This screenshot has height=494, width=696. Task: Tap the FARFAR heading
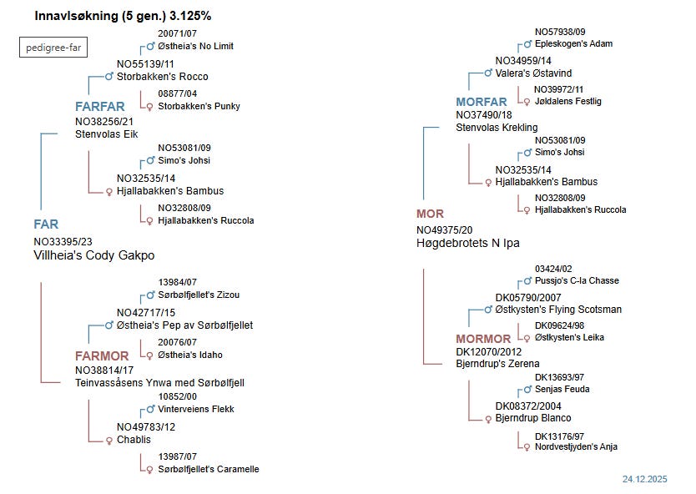(100, 107)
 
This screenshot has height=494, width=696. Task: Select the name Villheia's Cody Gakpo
(94, 256)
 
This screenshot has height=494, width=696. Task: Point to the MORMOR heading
(483, 339)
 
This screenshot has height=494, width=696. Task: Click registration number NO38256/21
(104, 121)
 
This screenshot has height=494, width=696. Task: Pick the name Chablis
(135, 440)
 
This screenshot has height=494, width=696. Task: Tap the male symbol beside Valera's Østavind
(487, 73)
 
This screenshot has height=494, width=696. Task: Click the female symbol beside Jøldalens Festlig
(526, 102)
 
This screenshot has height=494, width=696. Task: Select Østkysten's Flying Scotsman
(558, 310)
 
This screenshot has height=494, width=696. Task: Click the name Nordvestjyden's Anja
(576, 447)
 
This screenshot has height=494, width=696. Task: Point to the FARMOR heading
(103, 356)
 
